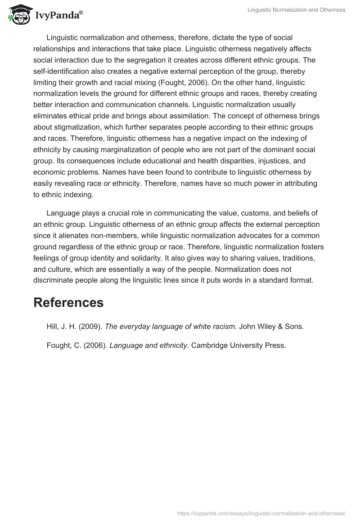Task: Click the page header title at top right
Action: pos(296,10)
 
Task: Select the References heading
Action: pos(68,302)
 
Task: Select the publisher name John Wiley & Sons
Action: pos(271,327)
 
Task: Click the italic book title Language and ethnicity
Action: pos(148,346)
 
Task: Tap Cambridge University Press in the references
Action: pos(238,346)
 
